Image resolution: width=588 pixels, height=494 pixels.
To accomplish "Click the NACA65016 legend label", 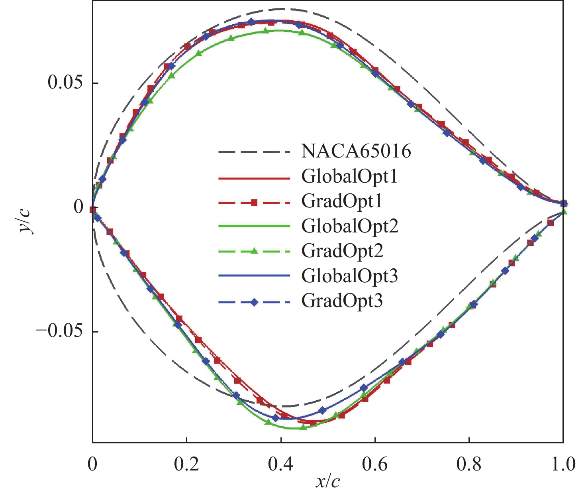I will (356, 152).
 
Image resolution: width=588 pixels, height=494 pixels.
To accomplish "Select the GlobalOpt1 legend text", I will (349, 176).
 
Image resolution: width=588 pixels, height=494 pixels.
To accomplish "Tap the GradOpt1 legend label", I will (342, 201).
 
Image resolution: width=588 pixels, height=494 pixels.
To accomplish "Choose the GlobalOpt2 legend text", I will (349, 226).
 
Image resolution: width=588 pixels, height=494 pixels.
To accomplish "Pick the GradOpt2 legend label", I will (342, 251).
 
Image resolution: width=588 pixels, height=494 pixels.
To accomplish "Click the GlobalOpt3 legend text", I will (349, 276).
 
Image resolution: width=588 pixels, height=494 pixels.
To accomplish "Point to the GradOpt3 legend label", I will (342, 301).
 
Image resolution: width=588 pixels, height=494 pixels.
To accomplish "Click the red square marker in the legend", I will (254, 203).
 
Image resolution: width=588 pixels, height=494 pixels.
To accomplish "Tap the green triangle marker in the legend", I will (254, 251).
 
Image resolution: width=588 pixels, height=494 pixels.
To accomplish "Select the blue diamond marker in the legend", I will (254, 302).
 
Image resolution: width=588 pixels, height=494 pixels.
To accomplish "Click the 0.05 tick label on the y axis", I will (65, 83).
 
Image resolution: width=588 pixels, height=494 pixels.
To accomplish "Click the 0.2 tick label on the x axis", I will (186, 465).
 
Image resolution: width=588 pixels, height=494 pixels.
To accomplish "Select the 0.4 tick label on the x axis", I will (281, 465).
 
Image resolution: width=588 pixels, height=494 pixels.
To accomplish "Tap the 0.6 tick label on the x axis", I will (375, 465).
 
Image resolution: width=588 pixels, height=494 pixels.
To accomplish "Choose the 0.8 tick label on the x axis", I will (469, 465).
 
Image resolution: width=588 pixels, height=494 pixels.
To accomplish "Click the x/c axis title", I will (328, 482).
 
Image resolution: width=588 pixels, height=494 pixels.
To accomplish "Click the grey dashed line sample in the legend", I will (254, 152).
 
